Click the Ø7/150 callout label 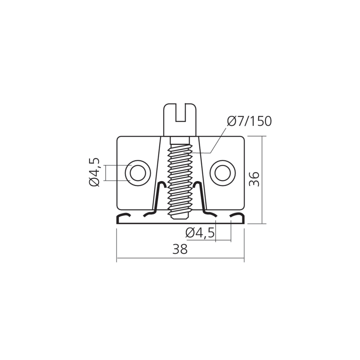coord(249,121)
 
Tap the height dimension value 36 coord(254,179)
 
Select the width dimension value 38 coord(180,249)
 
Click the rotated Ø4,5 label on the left coord(94,172)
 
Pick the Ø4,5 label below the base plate coord(200,233)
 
